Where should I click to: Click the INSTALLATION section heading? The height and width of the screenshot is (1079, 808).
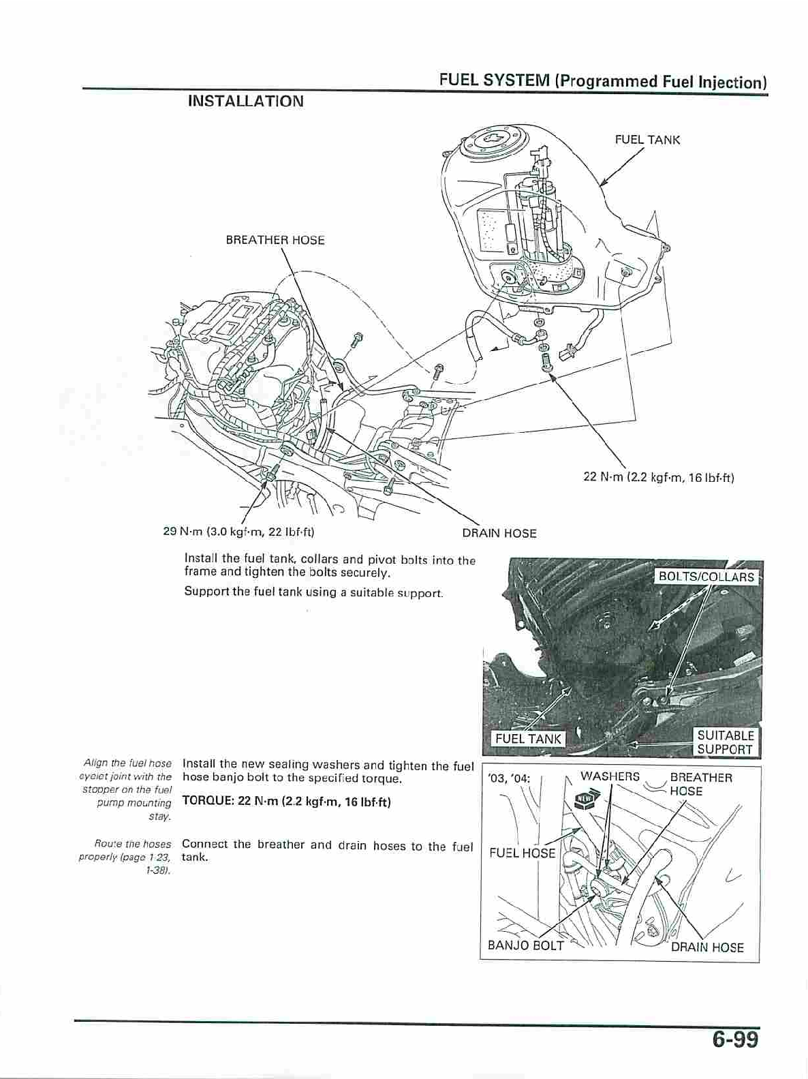[x=245, y=102]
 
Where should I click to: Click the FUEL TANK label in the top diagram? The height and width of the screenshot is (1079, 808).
[x=647, y=140]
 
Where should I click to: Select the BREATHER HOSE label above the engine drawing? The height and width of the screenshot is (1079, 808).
[x=275, y=240]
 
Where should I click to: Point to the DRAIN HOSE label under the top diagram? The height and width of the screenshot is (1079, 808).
[x=499, y=533]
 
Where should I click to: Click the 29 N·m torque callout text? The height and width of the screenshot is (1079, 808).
[x=238, y=531]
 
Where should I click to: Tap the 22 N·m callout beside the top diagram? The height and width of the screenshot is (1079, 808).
[x=658, y=477]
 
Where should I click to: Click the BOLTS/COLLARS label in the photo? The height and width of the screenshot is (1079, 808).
[x=706, y=577]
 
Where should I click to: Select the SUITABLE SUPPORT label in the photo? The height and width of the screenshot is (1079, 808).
[x=725, y=742]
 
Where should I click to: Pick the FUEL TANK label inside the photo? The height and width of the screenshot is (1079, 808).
[x=528, y=738]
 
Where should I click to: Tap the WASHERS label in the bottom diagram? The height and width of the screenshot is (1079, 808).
[x=610, y=776]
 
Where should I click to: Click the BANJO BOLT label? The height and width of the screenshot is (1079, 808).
[x=525, y=945]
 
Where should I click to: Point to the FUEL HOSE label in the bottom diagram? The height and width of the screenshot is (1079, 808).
[x=522, y=853]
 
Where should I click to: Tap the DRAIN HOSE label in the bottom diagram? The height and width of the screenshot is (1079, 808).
[x=706, y=947]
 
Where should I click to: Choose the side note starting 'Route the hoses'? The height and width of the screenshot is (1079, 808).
[x=126, y=857]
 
